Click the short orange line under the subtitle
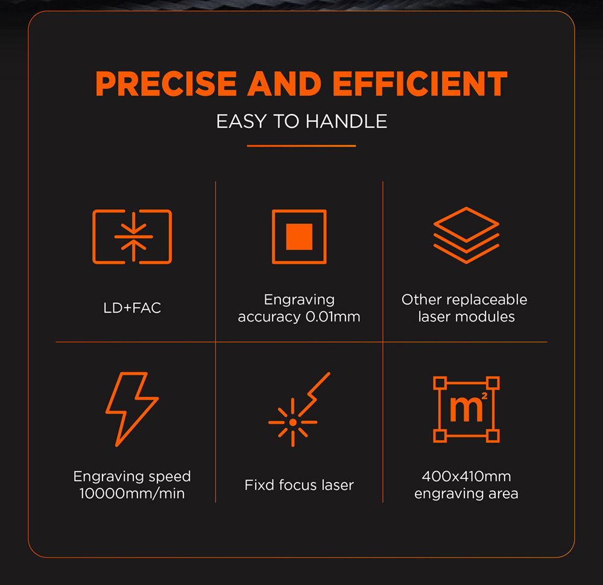(x=301, y=145)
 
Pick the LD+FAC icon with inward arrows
(x=132, y=236)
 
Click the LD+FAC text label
(x=132, y=308)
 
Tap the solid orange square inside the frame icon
(x=299, y=236)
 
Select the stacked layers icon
(x=466, y=235)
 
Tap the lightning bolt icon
(x=131, y=408)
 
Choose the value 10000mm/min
(x=132, y=493)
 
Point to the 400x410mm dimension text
(x=466, y=476)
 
